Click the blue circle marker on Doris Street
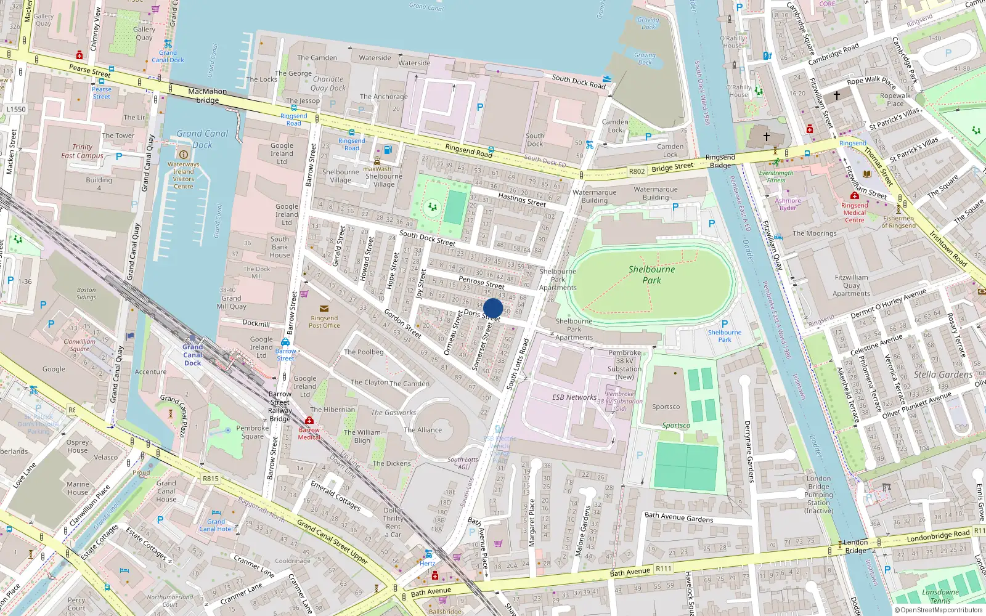493,308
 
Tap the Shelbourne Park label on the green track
651,275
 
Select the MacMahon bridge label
208,95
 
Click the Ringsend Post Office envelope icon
324,309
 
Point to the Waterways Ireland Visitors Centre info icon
183,154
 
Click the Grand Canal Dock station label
192,355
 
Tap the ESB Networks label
574,397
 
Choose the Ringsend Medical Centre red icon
855,195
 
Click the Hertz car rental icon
428,554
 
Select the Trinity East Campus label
82,151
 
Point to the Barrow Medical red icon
309,421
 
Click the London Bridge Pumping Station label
818,494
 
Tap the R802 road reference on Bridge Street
637,171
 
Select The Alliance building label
423,430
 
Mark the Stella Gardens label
943,375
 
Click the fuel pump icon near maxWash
388,150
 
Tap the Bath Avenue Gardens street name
678,517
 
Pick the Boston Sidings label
86,293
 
